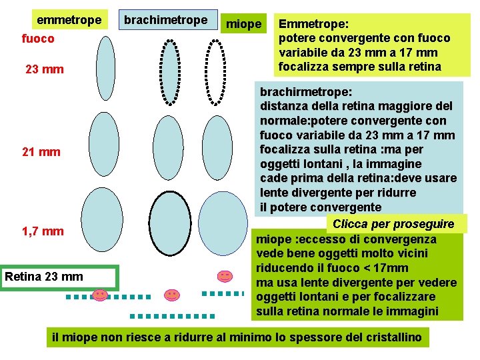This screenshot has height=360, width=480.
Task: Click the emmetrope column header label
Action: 69,21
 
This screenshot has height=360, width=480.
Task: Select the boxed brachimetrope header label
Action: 167,20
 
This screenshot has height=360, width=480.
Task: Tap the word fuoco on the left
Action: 38,39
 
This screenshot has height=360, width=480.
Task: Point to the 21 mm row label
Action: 41,152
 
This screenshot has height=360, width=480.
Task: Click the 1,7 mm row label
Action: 43,231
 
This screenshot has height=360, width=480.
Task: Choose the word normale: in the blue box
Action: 287,121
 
